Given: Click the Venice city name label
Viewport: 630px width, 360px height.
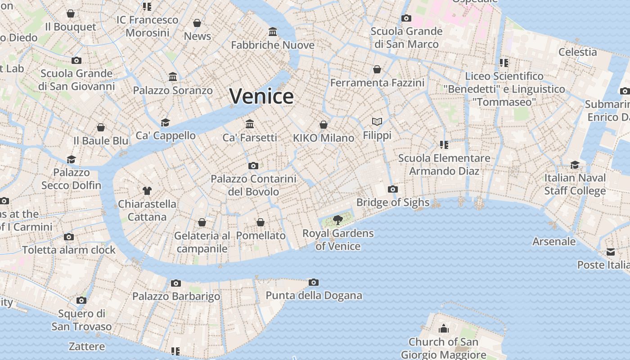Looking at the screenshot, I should [261, 96].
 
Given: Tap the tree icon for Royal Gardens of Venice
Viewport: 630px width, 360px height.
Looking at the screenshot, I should [337, 220].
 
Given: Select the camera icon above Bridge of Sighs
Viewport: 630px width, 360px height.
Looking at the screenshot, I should [393, 189].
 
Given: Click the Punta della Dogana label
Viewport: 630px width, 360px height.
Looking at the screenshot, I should [314, 295].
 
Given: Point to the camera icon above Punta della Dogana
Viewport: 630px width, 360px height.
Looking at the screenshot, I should [314, 283].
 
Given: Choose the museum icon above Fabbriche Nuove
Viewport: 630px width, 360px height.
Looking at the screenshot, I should [273, 32].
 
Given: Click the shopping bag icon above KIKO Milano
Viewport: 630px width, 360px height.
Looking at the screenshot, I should [324, 125].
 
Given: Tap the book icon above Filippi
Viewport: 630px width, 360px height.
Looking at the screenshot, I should [377, 121].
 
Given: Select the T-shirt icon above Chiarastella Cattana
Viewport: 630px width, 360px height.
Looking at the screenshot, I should [147, 190].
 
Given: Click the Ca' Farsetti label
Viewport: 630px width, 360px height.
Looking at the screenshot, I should [250, 137].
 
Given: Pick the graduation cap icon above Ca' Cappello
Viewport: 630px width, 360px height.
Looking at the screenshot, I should [166, 122].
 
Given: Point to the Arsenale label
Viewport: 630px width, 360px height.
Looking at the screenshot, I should [554, 241].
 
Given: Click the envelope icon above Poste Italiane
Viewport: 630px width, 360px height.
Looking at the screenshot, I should [611, 252].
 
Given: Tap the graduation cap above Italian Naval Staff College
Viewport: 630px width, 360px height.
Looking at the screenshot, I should [575, 165].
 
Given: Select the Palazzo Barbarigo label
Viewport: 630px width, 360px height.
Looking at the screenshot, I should [176, 296].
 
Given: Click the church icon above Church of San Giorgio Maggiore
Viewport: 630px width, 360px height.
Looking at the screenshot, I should [444, 328].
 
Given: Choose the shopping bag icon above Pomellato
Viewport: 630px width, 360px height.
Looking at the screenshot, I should [261, 222].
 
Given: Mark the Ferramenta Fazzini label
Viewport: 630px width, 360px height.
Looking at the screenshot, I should [377, 83].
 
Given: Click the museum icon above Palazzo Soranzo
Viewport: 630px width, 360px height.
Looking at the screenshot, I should [173, 77].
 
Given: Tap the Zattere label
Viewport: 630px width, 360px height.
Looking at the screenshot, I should [87, 346].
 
